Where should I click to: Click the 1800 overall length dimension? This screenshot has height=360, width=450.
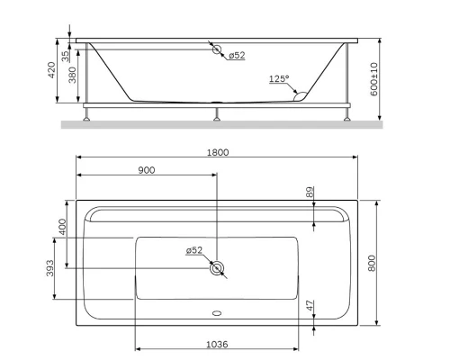pos(217,152)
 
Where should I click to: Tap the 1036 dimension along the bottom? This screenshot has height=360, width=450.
pos(216,343)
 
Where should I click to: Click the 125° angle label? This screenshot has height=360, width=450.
pos(279,79)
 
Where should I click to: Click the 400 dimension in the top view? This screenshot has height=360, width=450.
pos(62,227)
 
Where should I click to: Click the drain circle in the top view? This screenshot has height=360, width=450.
pos(217,267)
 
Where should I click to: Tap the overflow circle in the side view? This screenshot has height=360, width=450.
pos(217,50)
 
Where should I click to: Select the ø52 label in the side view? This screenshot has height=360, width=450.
pos(237,55)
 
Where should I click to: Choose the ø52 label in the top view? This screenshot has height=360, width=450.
pos(195,250)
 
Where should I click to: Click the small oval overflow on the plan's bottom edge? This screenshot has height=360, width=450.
pos(217,315)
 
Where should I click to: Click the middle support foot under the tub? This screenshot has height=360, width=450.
pos(217,114)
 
